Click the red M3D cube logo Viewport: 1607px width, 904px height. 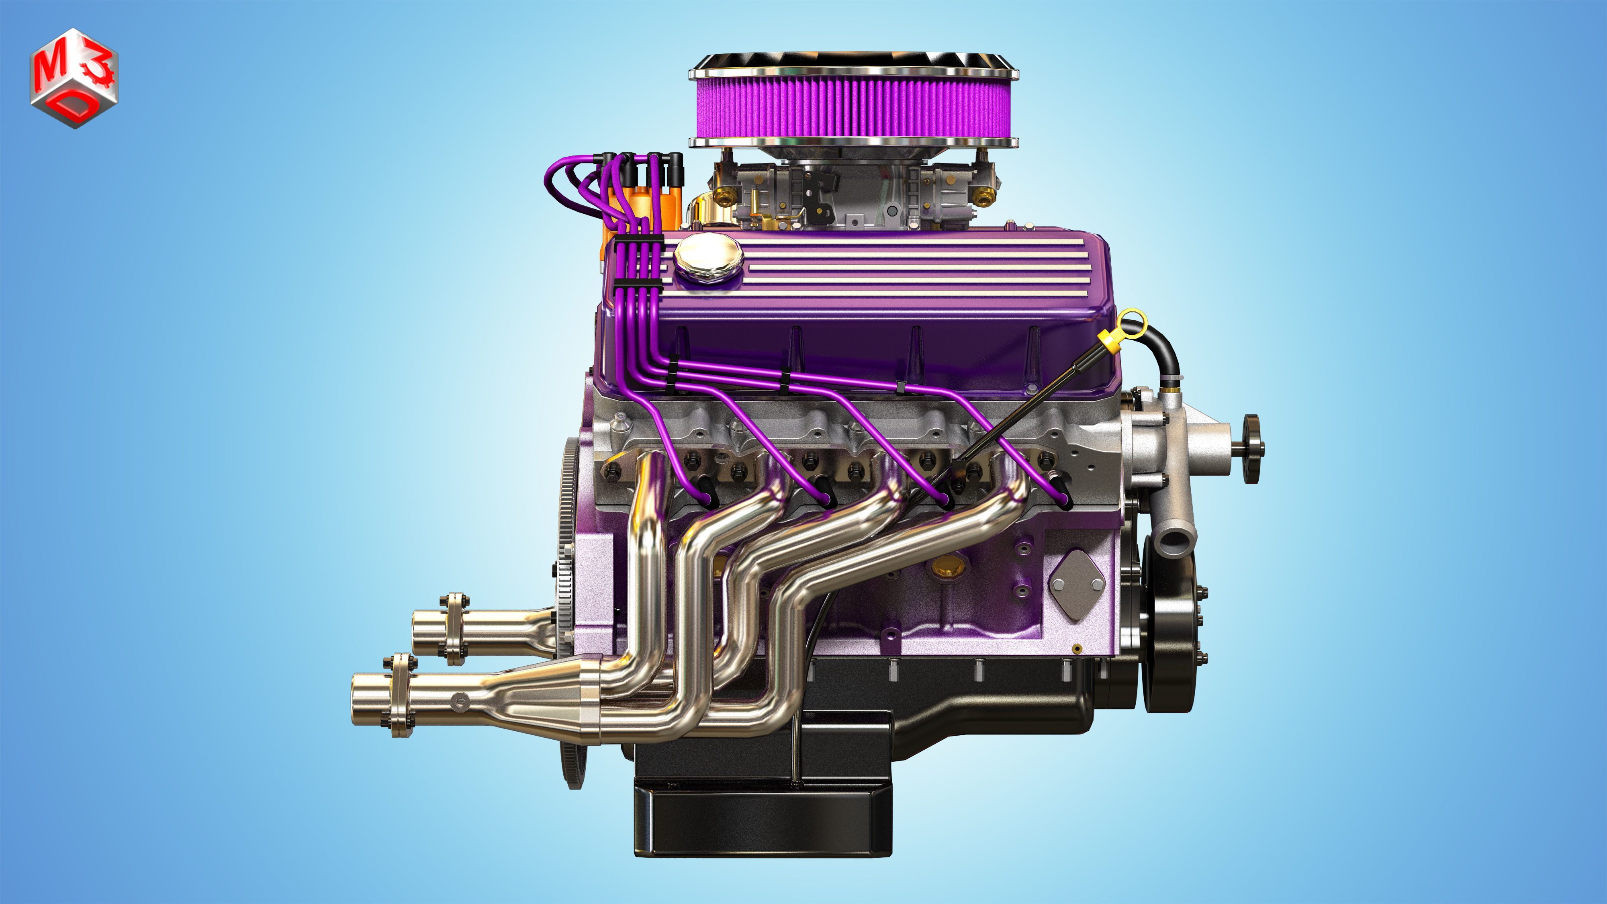click(x=74, y=78)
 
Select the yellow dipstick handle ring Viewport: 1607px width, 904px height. click(x=1132, y=323)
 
